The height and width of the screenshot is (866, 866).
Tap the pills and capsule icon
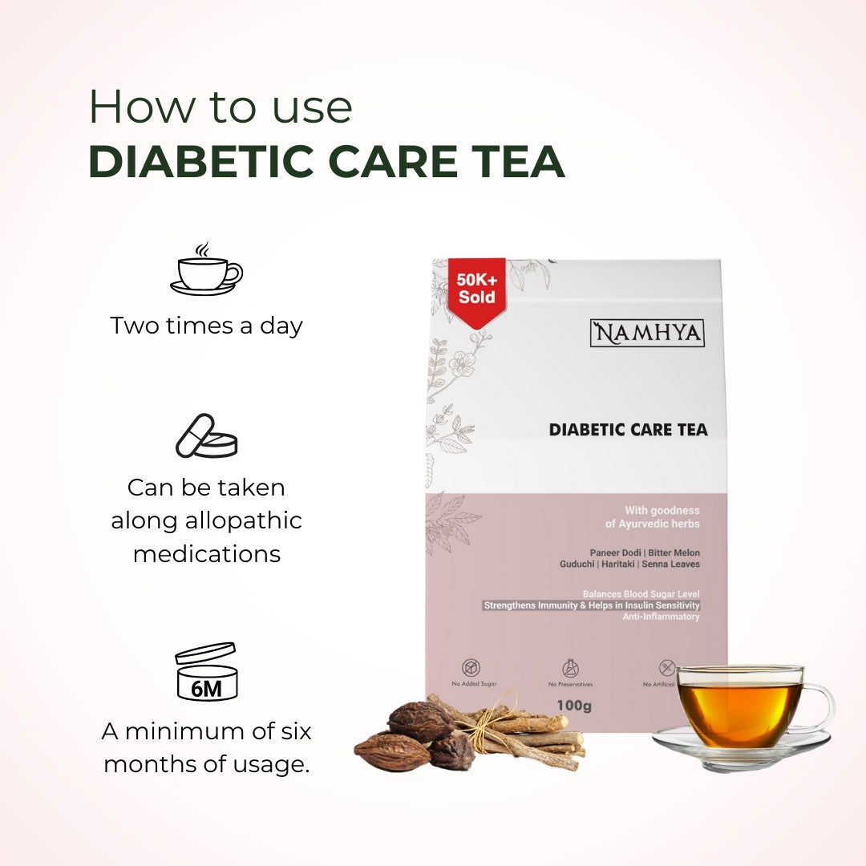tap(207, 436)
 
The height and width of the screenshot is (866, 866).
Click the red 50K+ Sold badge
tap(477, 289)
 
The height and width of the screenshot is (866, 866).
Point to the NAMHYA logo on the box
tap(647, 333)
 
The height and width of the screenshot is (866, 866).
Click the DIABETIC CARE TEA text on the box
tap(628, 430)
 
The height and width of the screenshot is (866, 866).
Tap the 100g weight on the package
tap(573, 706)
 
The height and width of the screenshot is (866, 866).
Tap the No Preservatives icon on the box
tap(571, 668)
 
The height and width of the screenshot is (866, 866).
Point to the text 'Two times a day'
tap(206, 326)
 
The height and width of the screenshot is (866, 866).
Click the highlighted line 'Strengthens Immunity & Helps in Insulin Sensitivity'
tap(592, 605)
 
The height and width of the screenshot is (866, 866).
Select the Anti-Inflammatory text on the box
tap(661, 617)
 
